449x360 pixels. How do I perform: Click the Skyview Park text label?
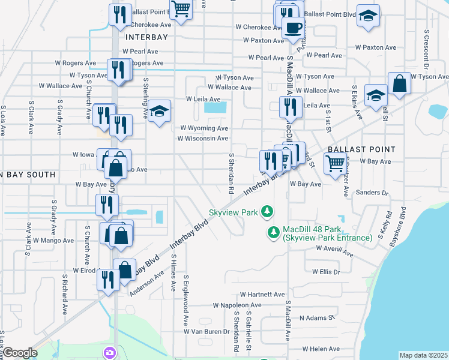click(x=233, y=212)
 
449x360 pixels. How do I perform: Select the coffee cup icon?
click(x=293, y=28)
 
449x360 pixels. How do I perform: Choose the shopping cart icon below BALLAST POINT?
click(x=335, y=162)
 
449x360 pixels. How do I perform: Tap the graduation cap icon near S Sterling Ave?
click(x=159, y=111)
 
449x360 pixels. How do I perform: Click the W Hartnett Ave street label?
click(x=262, y=295)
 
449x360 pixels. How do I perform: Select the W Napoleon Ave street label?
click(x=238, y=305)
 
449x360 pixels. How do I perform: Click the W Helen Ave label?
click(x=322, y=349)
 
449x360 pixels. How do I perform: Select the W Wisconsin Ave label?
click(x=202, y=139)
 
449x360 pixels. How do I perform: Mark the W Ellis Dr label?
click(x=326, y=272)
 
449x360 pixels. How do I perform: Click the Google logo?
click(x=20, y=353)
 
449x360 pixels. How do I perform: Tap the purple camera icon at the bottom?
click(x=109, y=352)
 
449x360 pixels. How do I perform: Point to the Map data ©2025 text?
click(x=423, y=355)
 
